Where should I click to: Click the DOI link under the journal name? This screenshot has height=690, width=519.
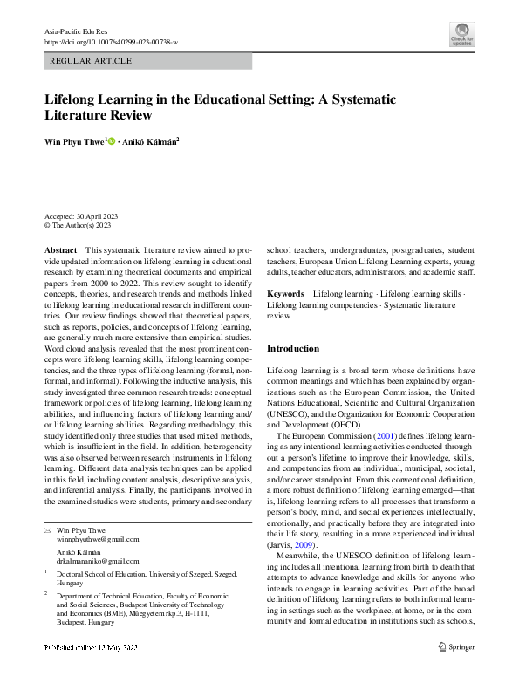click(x=110, y=41)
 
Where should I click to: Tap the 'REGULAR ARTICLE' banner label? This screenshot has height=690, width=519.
click(x=92, y=61)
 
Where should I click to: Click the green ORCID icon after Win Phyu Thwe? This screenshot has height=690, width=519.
click(x=111, y=140)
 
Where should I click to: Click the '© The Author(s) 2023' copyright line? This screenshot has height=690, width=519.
click(x=79, y=225)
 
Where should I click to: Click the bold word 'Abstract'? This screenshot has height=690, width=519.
click(x=60, y=249)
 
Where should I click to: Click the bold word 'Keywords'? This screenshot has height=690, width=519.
click(x=285, y=295)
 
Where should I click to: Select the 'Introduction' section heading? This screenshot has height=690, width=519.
click(x=293, y=349)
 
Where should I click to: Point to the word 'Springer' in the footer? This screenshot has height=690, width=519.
click(x=462, y=672)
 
